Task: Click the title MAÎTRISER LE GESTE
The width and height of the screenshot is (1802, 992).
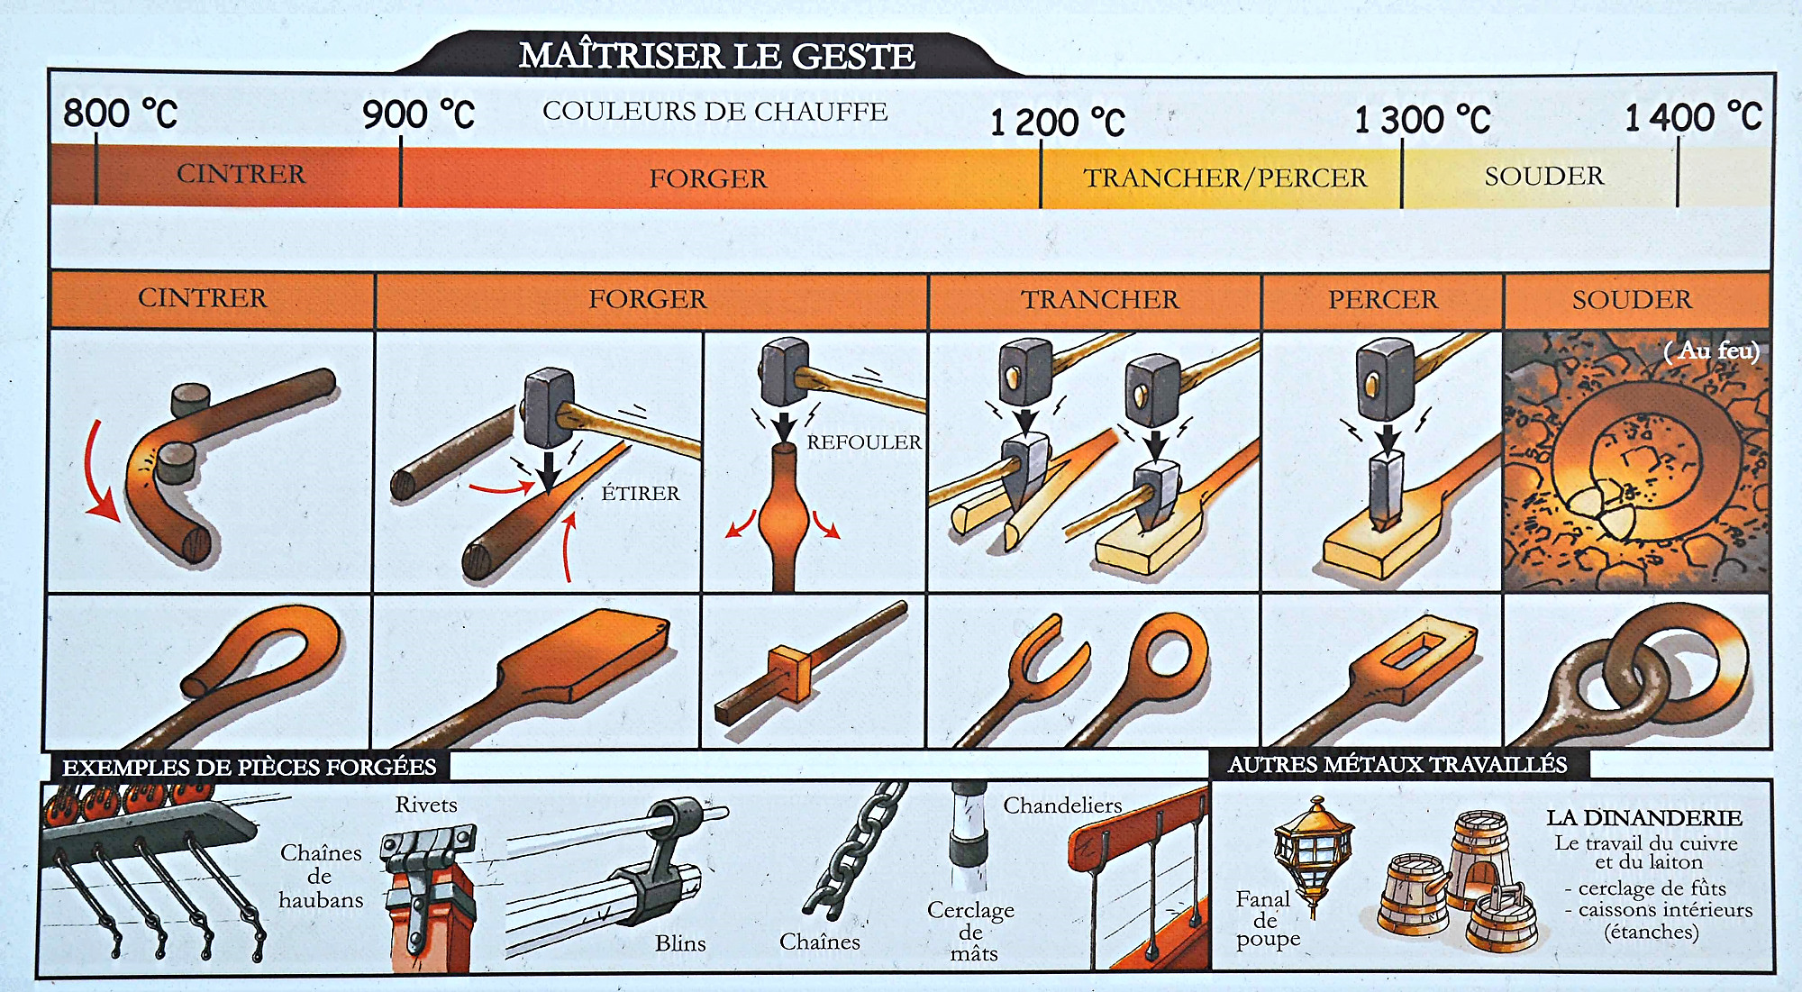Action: tap(717, 56)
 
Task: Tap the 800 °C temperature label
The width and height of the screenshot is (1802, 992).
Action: tap(120, 114)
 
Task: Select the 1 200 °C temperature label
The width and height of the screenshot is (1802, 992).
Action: tap(1057, 122)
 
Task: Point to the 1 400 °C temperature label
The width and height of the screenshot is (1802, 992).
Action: tap(1693, 117)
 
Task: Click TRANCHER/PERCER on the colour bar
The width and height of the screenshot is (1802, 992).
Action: tap(1224, 177)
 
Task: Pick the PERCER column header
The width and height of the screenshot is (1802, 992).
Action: tap(1382, 299)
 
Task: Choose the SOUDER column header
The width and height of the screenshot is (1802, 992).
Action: tap(1632, 299)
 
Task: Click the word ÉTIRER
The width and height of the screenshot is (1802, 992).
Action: tap(641, 493)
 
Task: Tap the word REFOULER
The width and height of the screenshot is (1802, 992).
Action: tap(864, 442)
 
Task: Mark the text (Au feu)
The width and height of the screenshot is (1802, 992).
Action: tap(1711, 350)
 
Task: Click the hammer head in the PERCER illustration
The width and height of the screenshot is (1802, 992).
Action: tap(1385, 378)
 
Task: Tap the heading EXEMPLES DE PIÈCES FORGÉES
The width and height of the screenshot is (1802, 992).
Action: tap(249, 767)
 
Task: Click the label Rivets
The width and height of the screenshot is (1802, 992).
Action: tap(426, 805)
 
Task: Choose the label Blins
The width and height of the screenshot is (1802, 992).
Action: tap(680, 943)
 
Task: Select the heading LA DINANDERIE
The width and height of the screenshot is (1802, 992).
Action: tap(1644, 818)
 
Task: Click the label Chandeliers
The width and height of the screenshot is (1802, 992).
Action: tap(1063, 805)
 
